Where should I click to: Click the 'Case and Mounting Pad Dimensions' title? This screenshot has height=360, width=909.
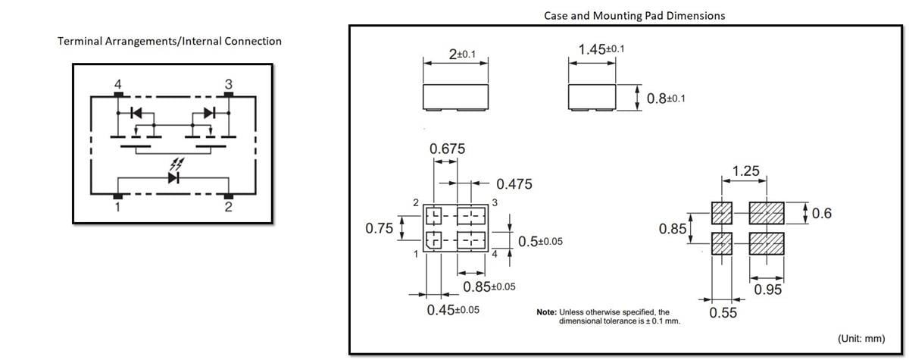coord(634,15)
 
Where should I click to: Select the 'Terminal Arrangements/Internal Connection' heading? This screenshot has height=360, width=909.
coord(170,41)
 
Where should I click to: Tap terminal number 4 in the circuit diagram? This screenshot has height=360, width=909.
coord(117,83)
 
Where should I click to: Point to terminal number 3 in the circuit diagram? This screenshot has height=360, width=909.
coord(229,83)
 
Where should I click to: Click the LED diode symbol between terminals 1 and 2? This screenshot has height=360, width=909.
coord(173,178)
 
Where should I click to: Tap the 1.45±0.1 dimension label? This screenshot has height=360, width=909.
coord(601,49)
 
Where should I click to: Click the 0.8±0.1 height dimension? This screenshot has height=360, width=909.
coord(667,99)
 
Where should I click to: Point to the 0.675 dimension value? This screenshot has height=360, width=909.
coord(447,149)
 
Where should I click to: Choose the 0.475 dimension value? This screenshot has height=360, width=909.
coord(514,184)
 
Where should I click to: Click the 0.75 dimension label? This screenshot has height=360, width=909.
coord(379,228)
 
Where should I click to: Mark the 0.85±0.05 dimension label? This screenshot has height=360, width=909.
coord(489,286)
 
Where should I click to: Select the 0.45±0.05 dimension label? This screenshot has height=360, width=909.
coord(453,309)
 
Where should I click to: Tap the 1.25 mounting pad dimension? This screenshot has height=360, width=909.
coord(745,171)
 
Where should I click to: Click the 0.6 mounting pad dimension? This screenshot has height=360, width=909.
coord(821,214)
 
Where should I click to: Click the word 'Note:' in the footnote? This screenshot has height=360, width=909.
coord(546,312)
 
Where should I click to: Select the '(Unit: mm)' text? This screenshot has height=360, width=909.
coord(861,338)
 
